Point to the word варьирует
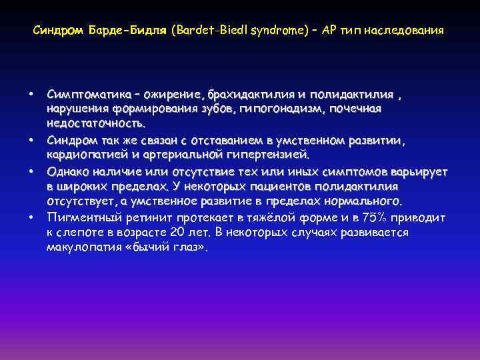coord(413,171)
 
